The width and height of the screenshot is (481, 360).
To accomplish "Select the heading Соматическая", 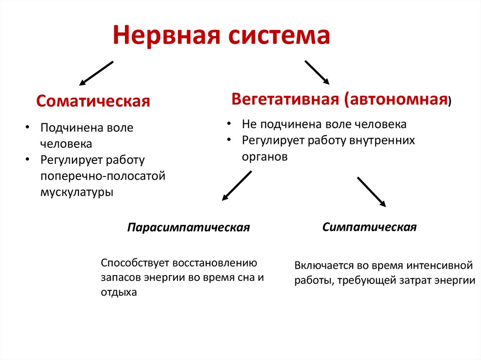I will pos(93,101).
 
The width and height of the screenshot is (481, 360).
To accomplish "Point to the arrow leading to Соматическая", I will pos(96,73).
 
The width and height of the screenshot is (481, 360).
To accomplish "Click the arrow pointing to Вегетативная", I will pos(317,72).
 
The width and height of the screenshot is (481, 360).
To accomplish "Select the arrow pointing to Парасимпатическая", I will pos(237,186).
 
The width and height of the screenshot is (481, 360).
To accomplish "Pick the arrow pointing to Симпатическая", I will pos(371,191).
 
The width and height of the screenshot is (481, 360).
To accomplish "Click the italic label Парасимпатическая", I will pos(188,228).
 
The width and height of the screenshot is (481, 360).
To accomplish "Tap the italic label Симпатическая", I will pos(369,227).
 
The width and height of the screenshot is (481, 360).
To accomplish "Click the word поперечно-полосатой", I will pos(103,176).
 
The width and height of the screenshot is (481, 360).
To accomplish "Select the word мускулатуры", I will pos(77,192).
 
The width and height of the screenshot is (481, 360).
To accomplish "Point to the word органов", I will pos(264,157).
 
